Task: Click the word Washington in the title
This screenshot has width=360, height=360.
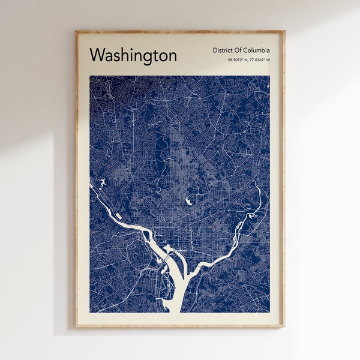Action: [x=133, y=55]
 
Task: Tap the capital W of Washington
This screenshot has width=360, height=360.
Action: [x=97, y=55]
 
